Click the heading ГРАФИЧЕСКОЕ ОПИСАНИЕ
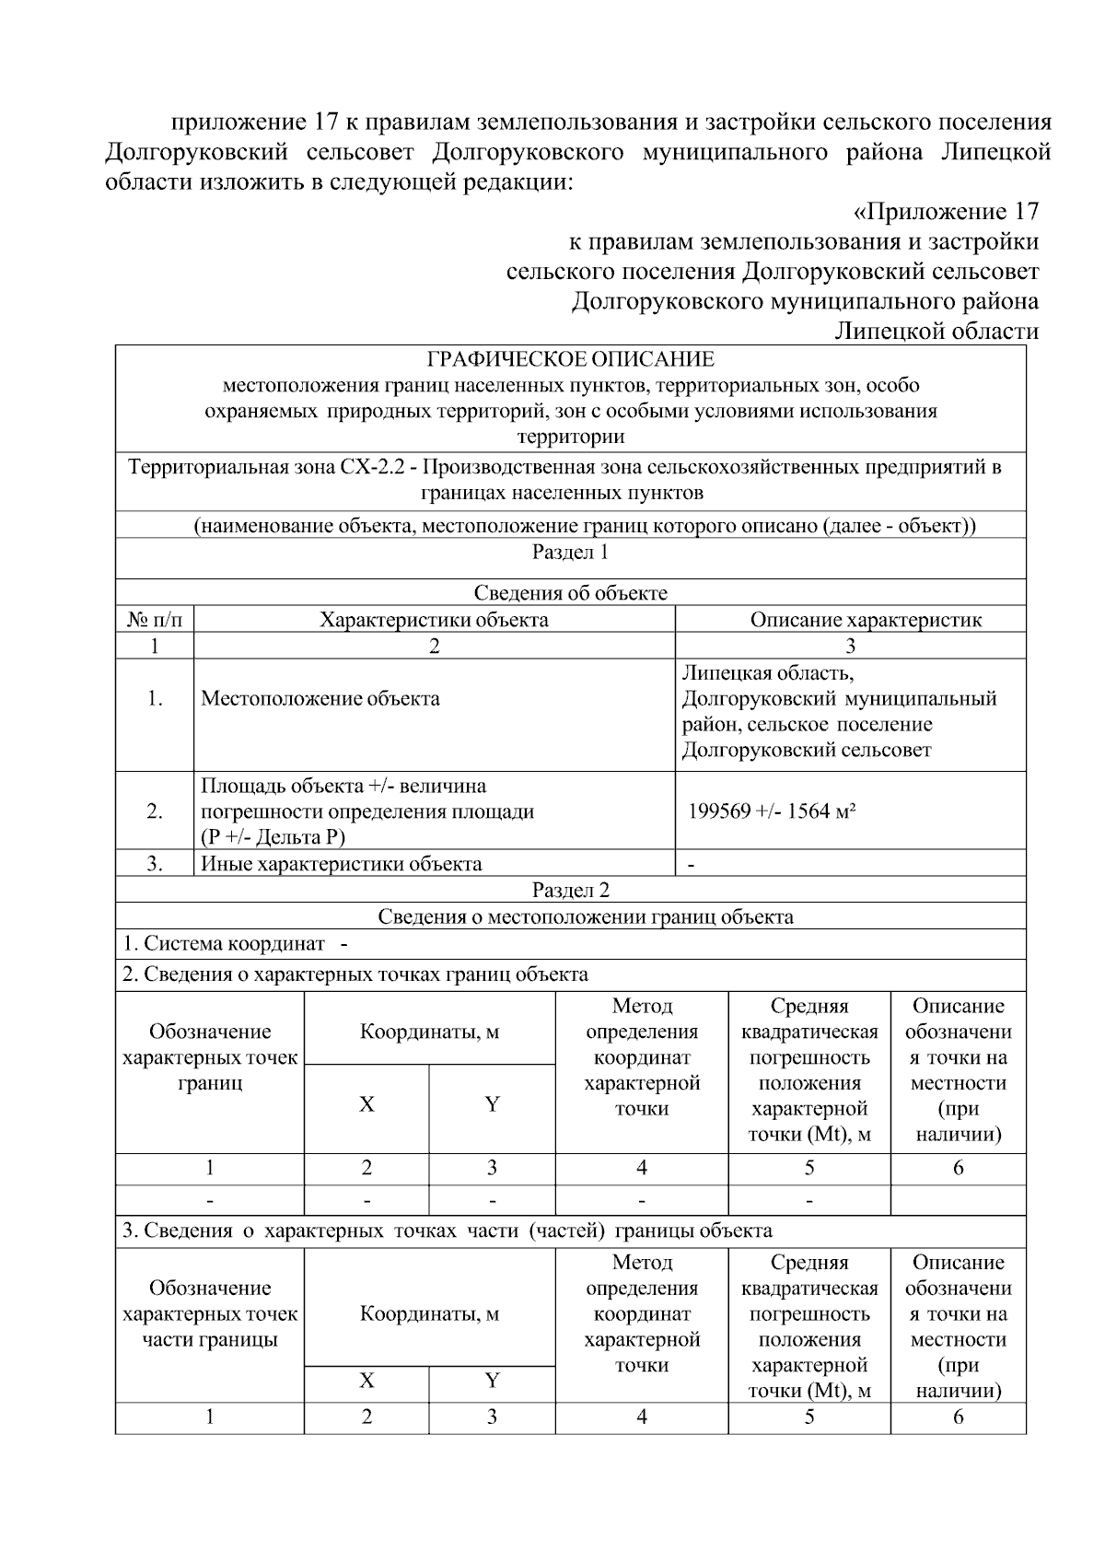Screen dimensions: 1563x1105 pos(570,358)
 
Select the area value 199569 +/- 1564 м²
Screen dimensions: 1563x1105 pos(773,811)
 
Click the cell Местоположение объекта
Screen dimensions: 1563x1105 pos(320,698)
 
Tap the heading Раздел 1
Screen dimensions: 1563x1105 pos(570,552)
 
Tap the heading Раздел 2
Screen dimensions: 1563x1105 pos(570,890)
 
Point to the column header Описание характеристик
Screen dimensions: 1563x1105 pos(865,620)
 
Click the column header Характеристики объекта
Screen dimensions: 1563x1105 pos(434,620)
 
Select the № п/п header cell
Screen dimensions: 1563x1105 pos(154,620)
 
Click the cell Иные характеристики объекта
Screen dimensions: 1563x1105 pos(342,864)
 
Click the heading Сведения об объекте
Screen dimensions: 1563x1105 pos(570,593)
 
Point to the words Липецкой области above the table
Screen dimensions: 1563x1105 pos(936,331)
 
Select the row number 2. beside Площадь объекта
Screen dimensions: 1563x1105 pos(154,811)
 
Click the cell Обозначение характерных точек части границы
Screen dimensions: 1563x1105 pos(210,1313)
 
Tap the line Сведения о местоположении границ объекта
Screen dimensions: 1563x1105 pos(586,916)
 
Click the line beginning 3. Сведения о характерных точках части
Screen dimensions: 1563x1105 pos(448,1231)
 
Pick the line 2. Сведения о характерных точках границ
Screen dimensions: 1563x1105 pos(355,974)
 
